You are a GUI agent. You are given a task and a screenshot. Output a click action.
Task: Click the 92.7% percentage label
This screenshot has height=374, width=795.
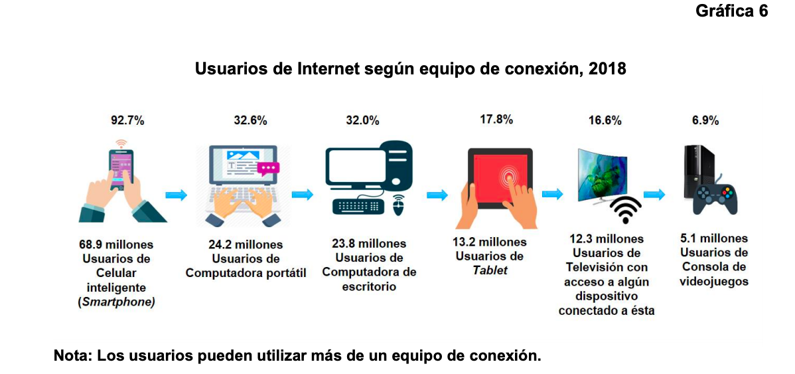pos(127,121)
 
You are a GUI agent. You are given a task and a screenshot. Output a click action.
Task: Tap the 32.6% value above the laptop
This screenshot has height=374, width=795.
pos(250,121)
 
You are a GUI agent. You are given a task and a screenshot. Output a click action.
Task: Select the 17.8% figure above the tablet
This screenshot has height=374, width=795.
pos(496,120)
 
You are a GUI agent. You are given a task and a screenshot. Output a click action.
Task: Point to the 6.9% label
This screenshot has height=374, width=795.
pos(705,121)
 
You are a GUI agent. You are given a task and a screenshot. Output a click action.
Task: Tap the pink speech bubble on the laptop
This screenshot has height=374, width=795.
pos(269,169)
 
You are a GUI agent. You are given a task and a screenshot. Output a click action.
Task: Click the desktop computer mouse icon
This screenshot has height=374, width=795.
pos(398,205)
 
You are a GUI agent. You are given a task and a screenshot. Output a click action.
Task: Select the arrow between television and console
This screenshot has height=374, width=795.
pos(654,195)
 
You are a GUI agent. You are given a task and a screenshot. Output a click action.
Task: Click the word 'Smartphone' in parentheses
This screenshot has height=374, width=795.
pos(116,302)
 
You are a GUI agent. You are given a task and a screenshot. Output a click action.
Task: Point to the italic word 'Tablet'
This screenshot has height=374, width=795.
pos(490,271)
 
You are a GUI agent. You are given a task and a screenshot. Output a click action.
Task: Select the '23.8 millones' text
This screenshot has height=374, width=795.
pos(369,244)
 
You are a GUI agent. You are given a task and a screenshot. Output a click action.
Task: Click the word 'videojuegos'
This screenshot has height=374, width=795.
pos(714,282)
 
